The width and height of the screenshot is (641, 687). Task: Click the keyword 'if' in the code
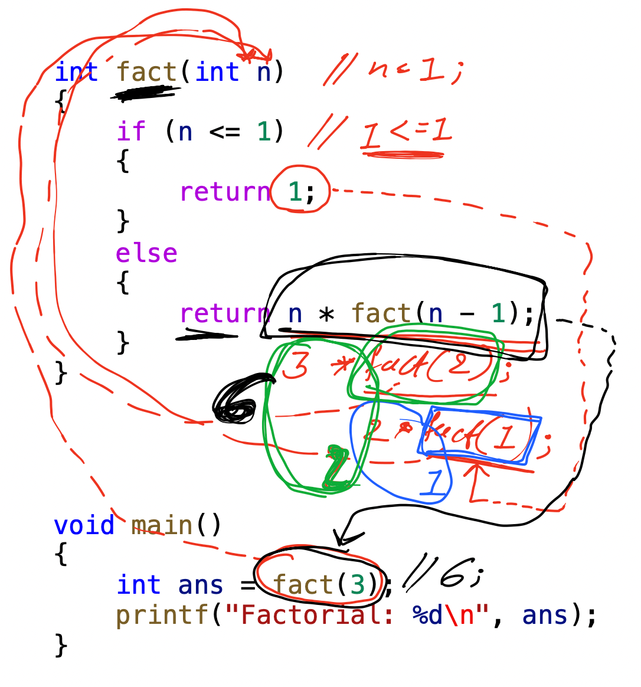130,131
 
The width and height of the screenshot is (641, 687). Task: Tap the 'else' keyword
146,253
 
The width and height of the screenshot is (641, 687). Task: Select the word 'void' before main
84,525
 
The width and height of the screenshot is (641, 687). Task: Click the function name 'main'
162,525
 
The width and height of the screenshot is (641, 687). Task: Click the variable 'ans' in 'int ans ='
200,585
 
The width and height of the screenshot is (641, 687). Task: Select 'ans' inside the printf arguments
545,616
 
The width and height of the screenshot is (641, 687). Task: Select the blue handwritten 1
435,483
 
